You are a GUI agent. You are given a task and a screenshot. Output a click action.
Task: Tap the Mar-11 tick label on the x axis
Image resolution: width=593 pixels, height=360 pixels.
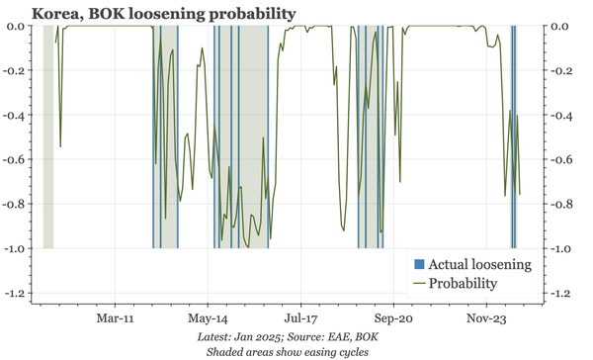tap(116, 319)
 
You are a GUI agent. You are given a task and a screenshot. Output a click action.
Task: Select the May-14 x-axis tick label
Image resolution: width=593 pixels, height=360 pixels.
tap(208, 319)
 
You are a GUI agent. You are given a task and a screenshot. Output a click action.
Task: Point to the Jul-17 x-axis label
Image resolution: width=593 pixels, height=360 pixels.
tap(300, 319)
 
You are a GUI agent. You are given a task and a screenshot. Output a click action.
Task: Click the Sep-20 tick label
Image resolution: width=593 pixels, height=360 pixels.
tap(392, 319)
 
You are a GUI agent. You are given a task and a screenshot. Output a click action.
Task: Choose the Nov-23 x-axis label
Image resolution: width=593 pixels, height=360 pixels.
tap(484, 319)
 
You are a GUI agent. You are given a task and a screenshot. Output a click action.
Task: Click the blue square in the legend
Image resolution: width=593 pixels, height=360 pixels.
tap(419, 264)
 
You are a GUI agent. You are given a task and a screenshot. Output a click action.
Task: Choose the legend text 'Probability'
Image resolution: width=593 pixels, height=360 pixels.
tap(464, 283)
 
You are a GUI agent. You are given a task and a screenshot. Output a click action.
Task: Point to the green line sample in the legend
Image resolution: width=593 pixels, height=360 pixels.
tap(419, 283)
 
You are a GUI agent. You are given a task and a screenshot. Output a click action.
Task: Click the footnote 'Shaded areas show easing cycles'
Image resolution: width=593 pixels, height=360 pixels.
tap(292, 351)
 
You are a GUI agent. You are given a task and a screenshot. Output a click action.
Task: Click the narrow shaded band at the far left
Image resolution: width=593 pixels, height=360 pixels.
tap(47, 138)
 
